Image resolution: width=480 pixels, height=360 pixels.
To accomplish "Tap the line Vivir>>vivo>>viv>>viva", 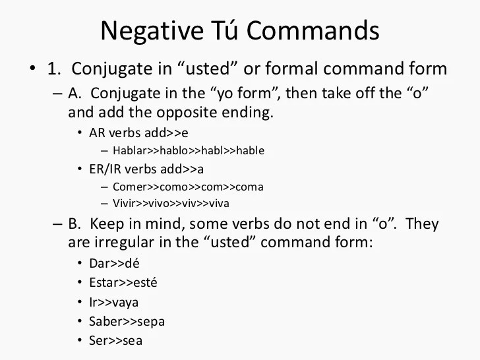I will (x=171, y=203).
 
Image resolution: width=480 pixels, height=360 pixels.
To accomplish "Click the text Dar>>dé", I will (x=111, y=263).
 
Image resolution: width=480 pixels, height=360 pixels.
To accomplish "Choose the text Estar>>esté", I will (x=123, y=282).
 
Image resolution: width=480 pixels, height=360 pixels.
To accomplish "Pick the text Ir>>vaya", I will (x=114, y=302).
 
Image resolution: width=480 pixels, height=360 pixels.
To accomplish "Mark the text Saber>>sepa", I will (x=127, y=322).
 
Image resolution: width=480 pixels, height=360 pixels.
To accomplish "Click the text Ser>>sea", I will (x=115, y=341).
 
